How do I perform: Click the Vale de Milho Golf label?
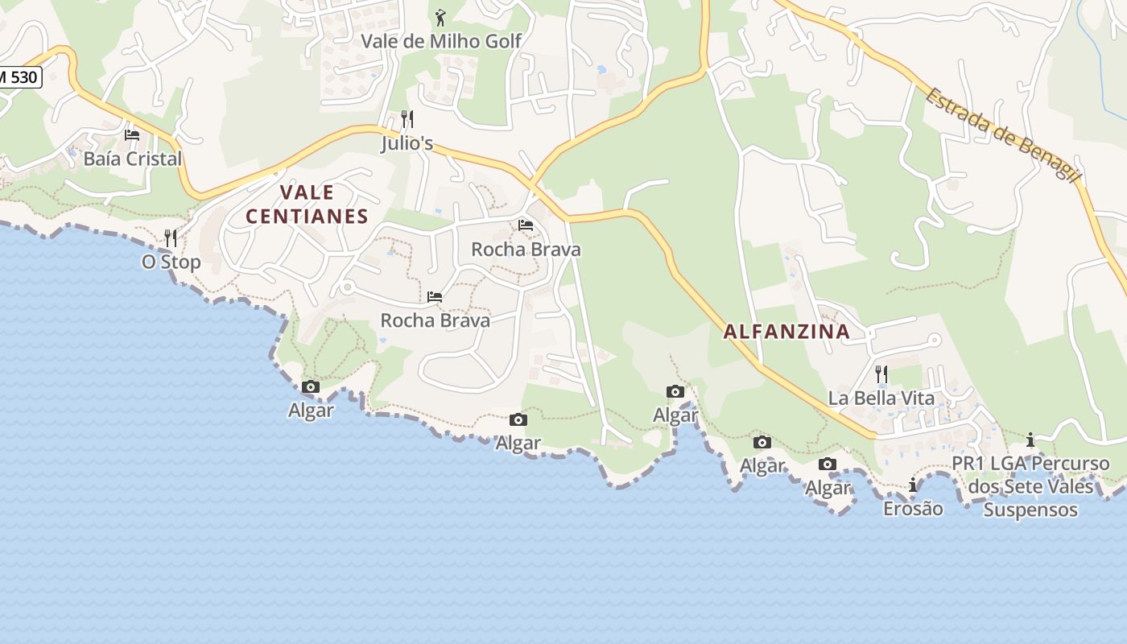pos(441,41)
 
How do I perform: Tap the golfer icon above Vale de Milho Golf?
pos(440,18)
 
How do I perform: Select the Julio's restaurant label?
pos(407,144)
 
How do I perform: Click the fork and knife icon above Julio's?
pos(407,120)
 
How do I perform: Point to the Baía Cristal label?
pos(133,159)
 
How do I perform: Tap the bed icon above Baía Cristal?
pos(132,135)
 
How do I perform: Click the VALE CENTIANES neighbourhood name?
pos(307,204)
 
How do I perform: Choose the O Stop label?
pos(171,262)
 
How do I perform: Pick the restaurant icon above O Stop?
pos(171,238)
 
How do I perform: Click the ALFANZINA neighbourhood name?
pos(786,331)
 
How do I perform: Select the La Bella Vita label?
pos(881,398)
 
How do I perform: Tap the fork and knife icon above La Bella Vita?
pos(881,374)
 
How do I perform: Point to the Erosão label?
pos(913,509)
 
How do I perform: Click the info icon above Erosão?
pos(913,485)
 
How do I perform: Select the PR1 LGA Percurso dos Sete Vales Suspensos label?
pos(1030,486)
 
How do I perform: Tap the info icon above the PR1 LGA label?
pos(1030,440)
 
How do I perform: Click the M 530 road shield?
pos(18,77)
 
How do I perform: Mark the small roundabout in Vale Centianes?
pos(348,287)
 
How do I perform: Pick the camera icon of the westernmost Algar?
pos(311,387)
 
